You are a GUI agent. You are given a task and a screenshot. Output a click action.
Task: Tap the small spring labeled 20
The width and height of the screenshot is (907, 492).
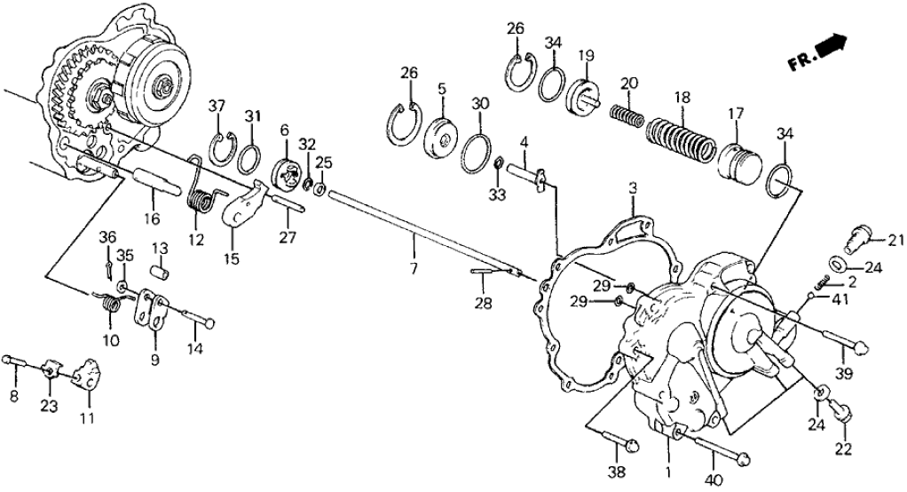[x=626, y=116]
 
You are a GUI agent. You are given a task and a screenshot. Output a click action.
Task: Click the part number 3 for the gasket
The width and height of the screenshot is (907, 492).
[x=632, y=189]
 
